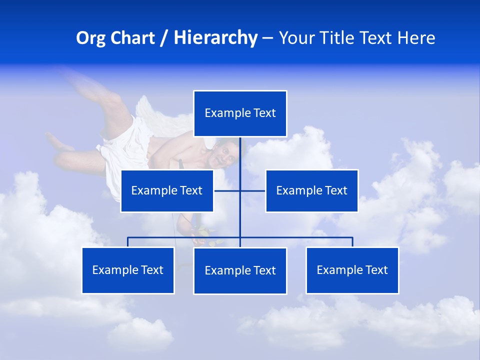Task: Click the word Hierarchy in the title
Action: [215, 38]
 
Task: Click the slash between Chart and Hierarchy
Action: [164, 38]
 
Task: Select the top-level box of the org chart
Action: [240, 113]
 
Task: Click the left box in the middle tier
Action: [167, 190]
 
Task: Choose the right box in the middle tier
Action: [311, 190]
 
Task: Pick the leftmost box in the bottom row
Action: [128, 270]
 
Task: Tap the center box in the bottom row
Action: [240, 270]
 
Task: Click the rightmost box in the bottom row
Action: [352, 270]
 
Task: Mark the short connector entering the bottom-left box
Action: [128, 242]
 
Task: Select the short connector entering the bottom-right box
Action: [352, 242]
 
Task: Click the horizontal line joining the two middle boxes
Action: [227, 190]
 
